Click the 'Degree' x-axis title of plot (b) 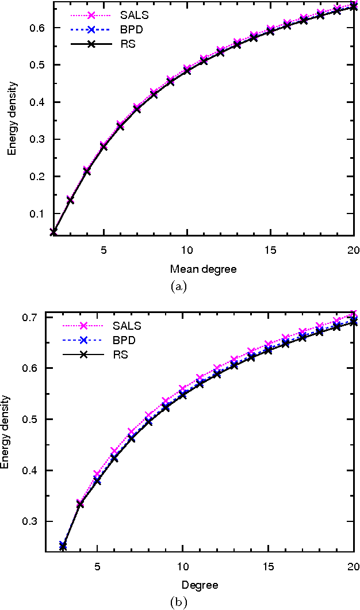(200, 585)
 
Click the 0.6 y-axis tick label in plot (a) (36, 28)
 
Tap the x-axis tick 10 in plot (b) (182, 566)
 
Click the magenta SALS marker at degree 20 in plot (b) (353, 315)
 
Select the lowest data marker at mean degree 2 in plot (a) (53, 232)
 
